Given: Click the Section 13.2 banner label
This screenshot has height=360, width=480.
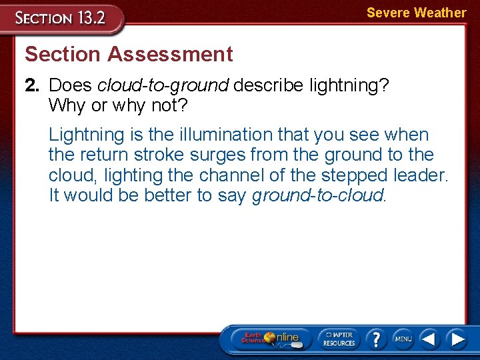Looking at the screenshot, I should tap(61, 17).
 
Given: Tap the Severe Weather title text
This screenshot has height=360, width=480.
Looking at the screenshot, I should tap(416, 13).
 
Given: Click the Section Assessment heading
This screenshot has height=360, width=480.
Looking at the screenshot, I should tap(129, 54).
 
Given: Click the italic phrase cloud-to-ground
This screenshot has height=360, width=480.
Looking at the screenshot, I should tap(163, 85).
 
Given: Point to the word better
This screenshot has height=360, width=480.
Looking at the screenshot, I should tap(161, 196).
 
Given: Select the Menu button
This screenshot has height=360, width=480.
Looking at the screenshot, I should tap(403, 338).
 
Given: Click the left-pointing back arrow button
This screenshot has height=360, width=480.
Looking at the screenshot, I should tap(430, 339).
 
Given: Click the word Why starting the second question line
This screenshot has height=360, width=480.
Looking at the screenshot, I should tap(63, 105).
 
